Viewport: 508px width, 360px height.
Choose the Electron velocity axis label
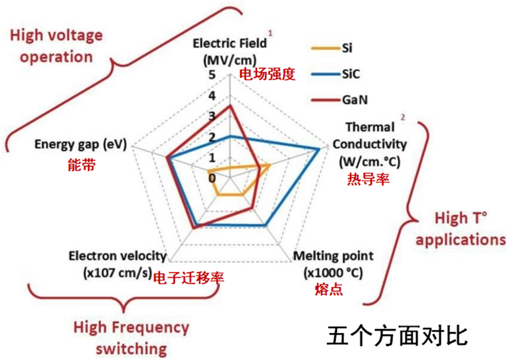click(x=118, y=264)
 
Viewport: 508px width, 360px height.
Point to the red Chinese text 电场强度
click(x=267, y=74)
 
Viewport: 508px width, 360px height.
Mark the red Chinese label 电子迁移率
click(x=189, y=277)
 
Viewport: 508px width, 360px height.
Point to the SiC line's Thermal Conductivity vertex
click(x=320, y=149)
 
